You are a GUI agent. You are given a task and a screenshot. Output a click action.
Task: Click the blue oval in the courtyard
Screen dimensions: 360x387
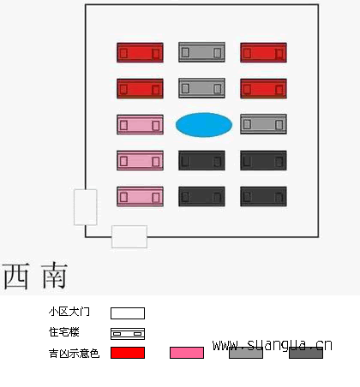[204, 125]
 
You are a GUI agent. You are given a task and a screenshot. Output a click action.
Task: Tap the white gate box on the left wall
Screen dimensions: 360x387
[86, 207]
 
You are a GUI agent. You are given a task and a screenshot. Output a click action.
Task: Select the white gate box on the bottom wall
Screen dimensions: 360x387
[129, 236]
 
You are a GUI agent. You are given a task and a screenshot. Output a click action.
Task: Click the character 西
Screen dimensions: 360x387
[16, 276]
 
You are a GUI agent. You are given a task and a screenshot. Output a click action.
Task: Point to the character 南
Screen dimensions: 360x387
[54, 276]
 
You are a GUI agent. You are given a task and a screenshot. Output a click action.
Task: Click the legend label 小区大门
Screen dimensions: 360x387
[69, 312]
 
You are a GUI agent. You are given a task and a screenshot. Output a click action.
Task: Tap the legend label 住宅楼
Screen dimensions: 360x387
[64, 332]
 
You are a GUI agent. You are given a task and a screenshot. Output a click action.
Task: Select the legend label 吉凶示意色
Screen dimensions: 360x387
[74, 354]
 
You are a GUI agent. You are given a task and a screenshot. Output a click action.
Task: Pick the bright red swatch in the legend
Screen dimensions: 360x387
[128, 353]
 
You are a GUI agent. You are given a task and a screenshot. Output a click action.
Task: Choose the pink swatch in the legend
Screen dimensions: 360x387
[187, 353]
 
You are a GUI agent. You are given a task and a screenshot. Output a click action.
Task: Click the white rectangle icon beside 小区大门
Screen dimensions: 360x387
[128, 313]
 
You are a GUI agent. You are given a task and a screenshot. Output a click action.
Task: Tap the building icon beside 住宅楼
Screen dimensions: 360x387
[128, 334]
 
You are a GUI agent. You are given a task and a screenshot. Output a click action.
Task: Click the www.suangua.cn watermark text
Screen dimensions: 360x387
[273, 345]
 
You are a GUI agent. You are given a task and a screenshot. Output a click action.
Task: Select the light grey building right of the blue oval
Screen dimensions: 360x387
[263, 124]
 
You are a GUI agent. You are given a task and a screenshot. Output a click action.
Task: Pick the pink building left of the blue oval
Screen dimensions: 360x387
[140, 125]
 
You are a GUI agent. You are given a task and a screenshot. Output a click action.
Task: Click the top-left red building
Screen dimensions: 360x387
[140, 52]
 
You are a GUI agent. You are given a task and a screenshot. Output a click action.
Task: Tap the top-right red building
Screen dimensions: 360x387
[263, 52]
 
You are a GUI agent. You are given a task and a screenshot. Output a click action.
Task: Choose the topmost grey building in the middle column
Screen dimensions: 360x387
[201, 52]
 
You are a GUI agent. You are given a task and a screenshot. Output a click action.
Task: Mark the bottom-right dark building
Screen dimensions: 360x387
[263, 196]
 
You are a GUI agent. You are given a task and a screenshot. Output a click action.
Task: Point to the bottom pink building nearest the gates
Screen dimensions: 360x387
[140, 196]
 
